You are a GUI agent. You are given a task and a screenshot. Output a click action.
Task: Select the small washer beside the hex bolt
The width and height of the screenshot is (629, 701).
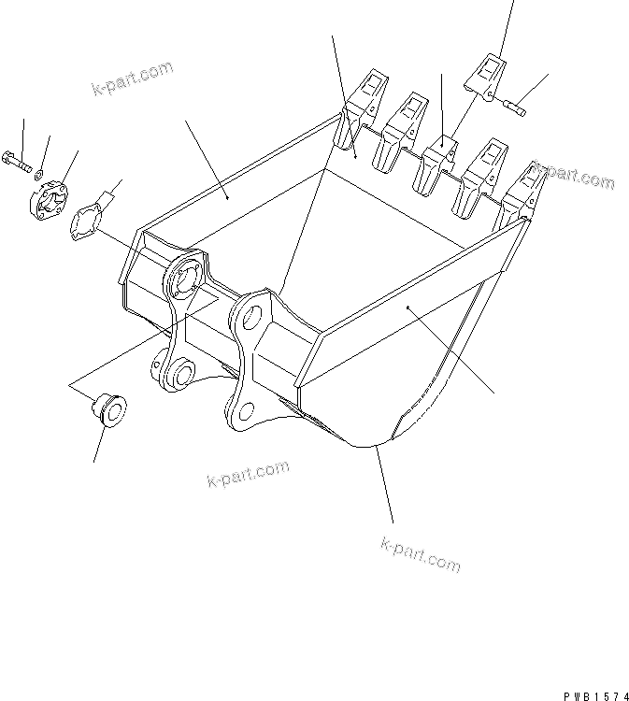tap(38, 173)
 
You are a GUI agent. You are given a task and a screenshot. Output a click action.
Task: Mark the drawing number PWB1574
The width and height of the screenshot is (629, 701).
tap(594, 694)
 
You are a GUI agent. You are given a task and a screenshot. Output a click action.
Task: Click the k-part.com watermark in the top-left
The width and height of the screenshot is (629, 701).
tap(132, 79)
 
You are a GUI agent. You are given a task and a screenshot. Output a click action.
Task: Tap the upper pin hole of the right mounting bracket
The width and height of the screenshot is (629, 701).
tap(250, 316)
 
